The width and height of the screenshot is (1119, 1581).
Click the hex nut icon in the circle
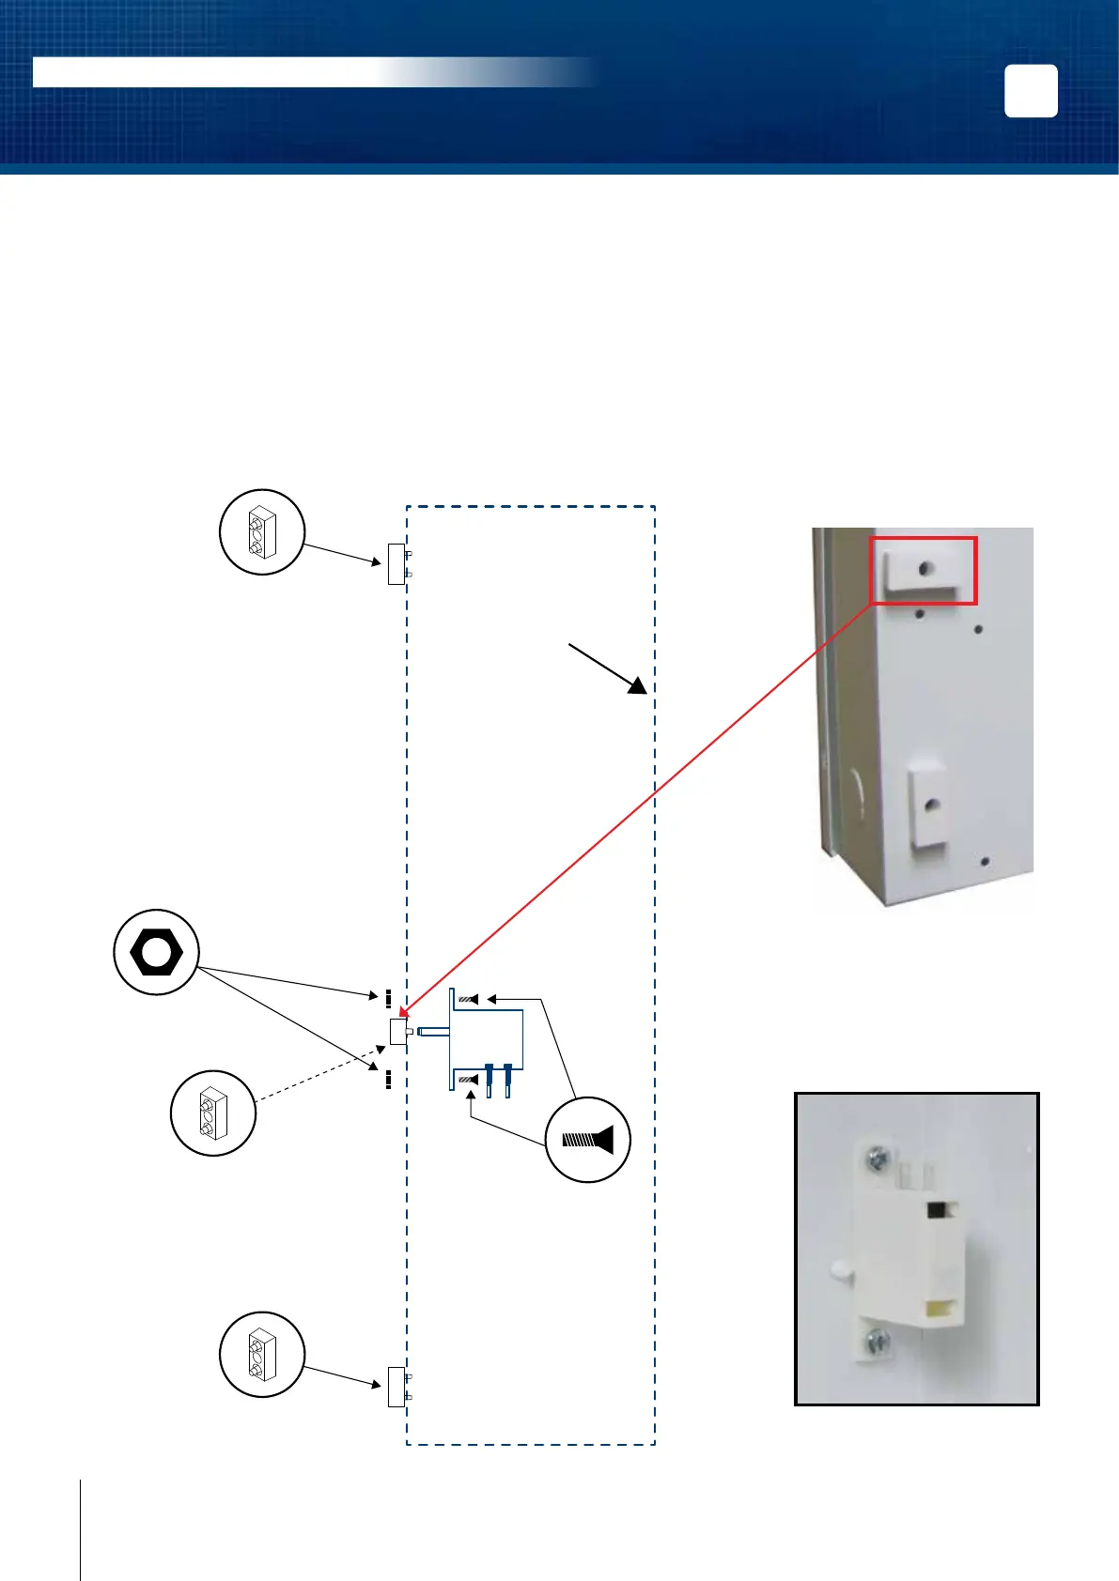(x=156, y=952)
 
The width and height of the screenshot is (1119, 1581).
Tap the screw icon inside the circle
(x=587, y=1140)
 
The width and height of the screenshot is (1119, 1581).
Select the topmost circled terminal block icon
(x=261, y=531)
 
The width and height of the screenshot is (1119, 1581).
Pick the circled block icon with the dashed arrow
(x=213, y=1113)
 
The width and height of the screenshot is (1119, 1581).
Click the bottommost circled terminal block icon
(x=261, y=1355)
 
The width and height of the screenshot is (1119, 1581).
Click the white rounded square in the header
(x=1031, y=91)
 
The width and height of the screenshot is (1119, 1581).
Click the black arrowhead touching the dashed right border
(x=638, y=685)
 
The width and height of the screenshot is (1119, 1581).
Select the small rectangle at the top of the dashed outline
(x=396, y=563)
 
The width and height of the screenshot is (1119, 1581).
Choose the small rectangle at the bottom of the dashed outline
(x=396, y=1387)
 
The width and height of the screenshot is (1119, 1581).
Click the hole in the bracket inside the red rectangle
(x=926, y=568)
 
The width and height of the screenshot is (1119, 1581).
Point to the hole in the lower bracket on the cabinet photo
(x=931, y=805)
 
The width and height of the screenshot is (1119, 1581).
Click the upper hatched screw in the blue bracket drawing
(x=468, y=1000)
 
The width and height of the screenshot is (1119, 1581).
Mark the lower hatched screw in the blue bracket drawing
(x=468, y=1081)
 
